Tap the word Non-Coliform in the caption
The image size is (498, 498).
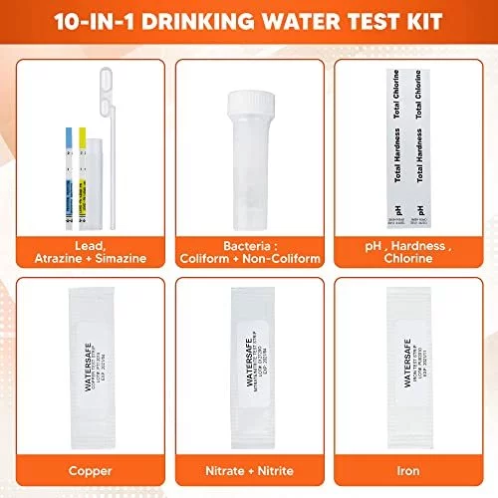pos(282,259)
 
